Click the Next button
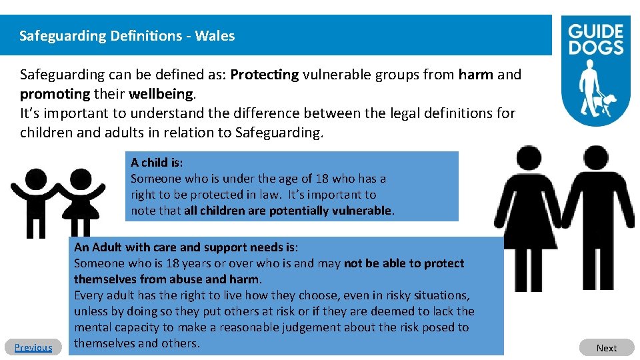click(x=606, y=347)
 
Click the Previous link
click(x=33, y=347)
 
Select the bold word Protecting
click(x=265, y=75)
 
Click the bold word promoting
click(x=55, y=94)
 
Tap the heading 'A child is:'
click(x=157, y=162)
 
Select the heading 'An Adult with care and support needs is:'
click(x=186, y=247)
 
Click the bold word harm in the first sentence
click(x=476, y=75)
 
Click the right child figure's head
click(x=81, y=180)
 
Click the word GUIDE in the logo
click(x=595, y=31)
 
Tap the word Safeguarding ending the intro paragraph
click(x=279, y=133)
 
